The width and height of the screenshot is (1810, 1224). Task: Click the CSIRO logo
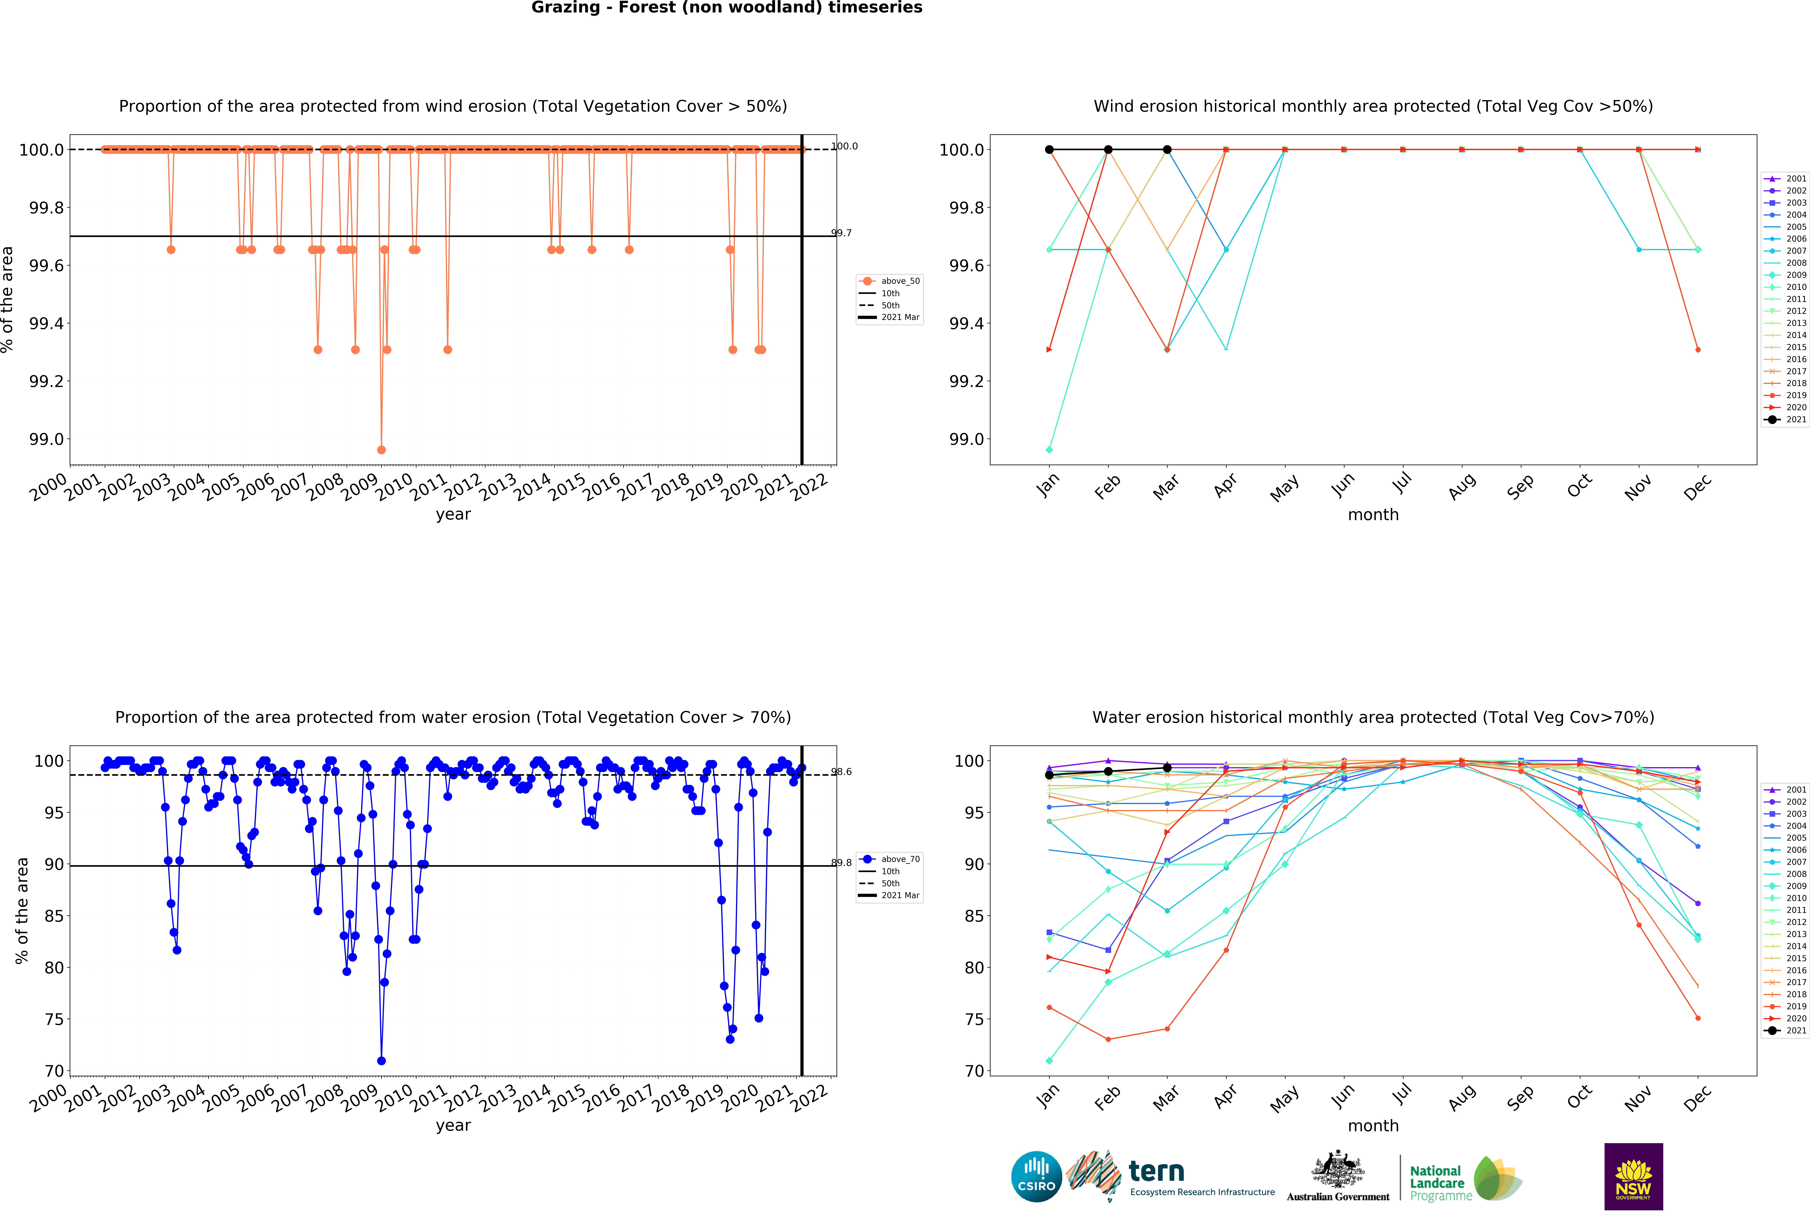(1036, 1176)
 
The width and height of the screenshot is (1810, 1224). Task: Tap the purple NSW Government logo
(1633, 1176)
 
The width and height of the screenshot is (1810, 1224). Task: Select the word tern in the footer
(1157, 1171)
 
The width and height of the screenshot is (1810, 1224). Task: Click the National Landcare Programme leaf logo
(1497, 1178)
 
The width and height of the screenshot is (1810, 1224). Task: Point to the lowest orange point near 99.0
(381, 450)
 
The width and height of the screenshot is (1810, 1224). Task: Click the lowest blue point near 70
(381, 1060)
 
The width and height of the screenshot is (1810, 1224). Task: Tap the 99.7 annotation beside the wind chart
(841, 233)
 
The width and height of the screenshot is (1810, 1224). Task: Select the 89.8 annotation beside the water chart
(841, 862)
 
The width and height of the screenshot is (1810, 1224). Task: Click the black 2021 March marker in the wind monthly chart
(1167, 150)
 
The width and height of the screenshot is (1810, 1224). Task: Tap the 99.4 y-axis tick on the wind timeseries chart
(47, 323)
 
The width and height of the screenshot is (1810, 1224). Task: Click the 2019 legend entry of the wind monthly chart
(1796, 395)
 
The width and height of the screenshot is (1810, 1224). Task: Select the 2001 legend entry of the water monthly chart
(1796, 789)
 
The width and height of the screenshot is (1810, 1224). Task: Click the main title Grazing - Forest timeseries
(727, 8)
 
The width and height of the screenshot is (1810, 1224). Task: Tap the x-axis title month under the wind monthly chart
(1373, 515)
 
